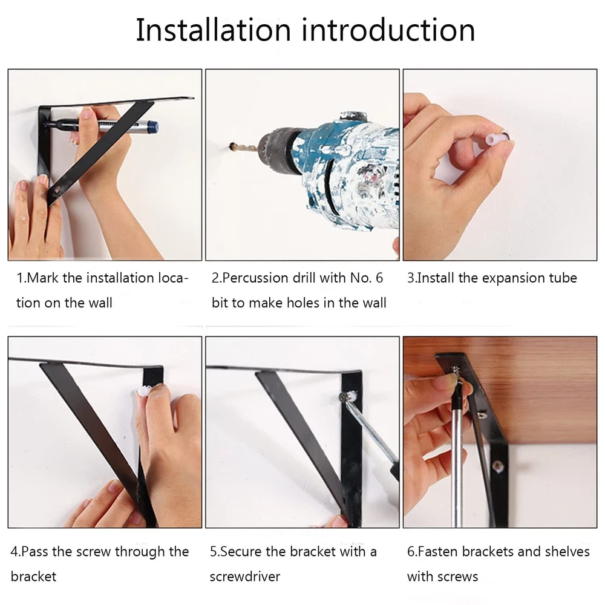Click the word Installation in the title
coord(214,30)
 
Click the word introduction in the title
coord(388,30)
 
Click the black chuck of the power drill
coord(278,149)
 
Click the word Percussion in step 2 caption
coord(254,278)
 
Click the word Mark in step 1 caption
coord(42,278)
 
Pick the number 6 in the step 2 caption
coord(379,278)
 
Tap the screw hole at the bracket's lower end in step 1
coord(57,189)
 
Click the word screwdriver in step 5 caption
coord(245,577)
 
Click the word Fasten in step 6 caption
coord(438,552)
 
